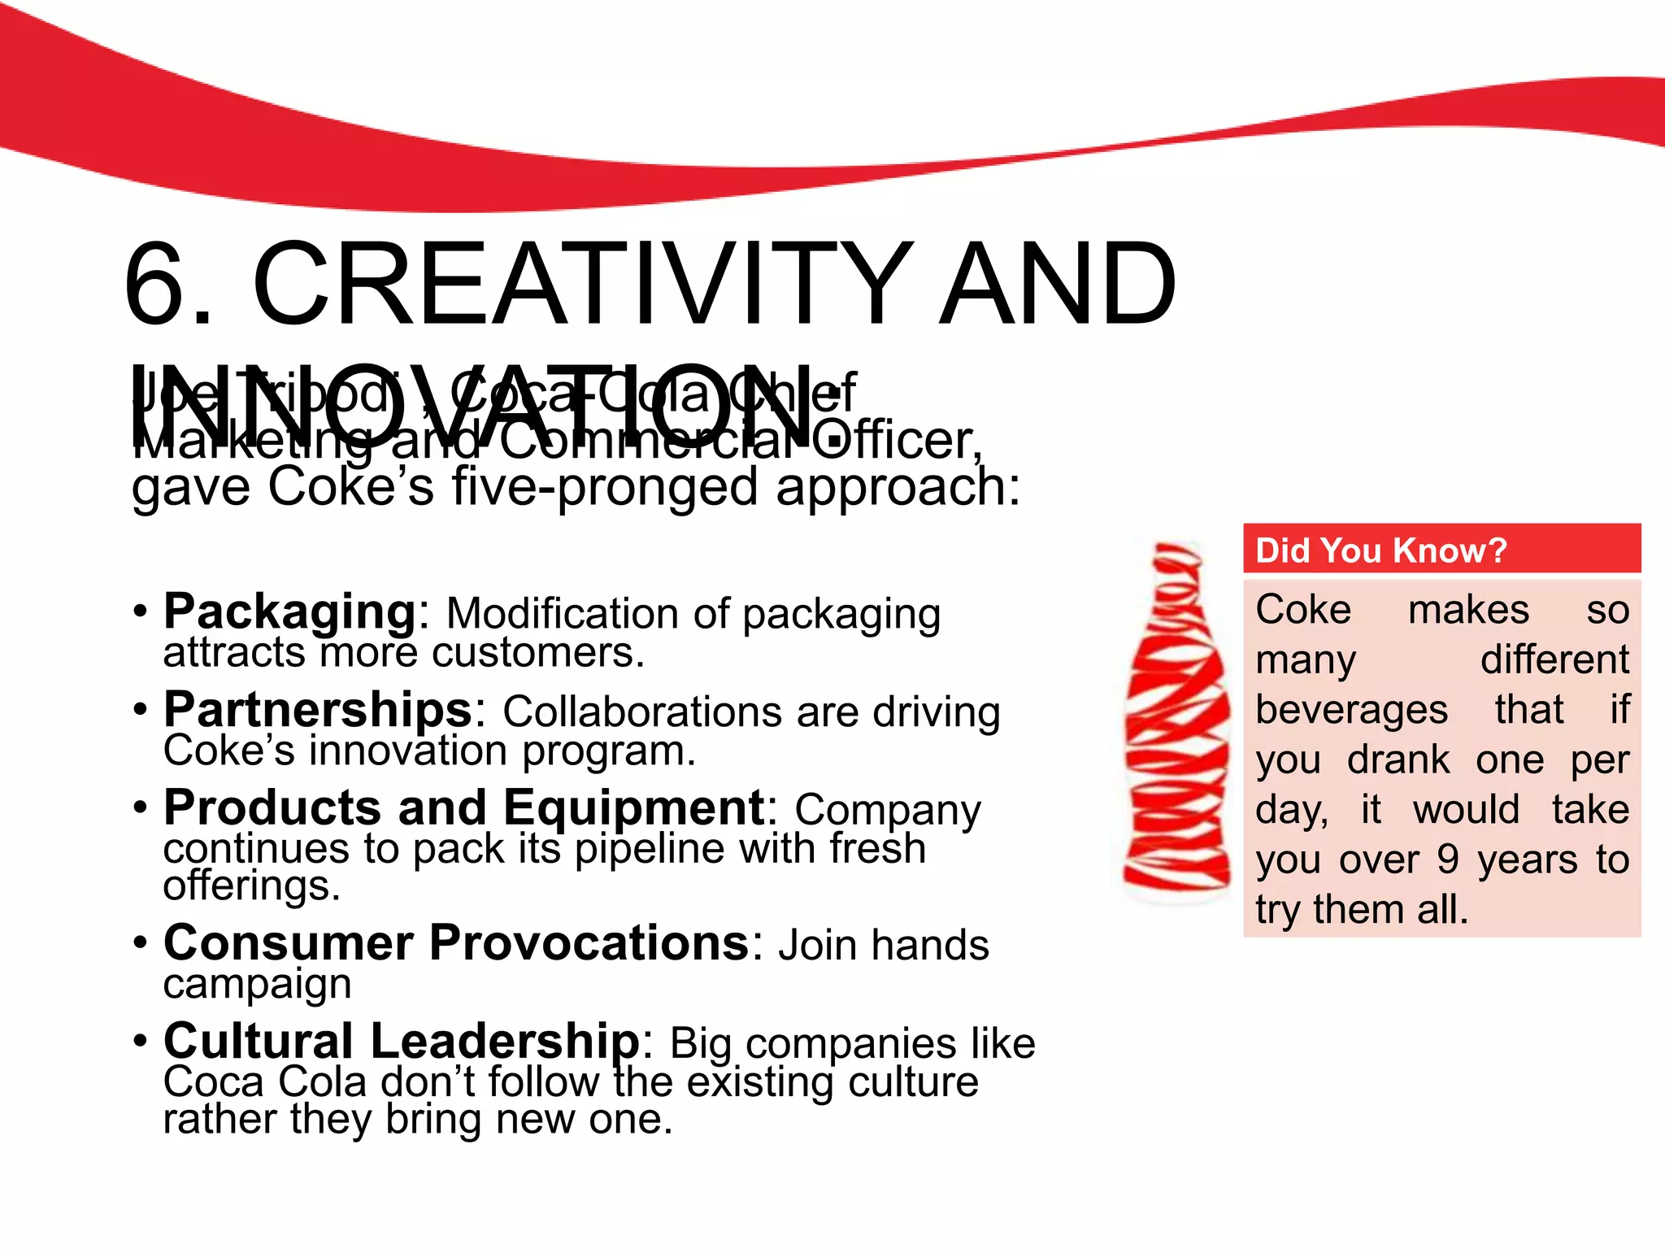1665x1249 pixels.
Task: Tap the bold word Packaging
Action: coord(289,611)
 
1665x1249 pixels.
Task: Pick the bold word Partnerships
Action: coord(318,710)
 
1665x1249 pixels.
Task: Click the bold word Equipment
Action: coord(634,808)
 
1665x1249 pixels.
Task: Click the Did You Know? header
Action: coord(1380,551)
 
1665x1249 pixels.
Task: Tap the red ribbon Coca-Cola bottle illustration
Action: coord(1176,724)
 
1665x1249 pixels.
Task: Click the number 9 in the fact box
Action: coord(1448,860)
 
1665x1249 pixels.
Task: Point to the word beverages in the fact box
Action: coord(1351,710)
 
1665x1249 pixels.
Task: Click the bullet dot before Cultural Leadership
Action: coord(141,1041)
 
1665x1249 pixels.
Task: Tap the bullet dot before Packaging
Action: coord(141,611)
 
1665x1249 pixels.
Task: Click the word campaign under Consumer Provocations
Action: coord(257,984)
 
